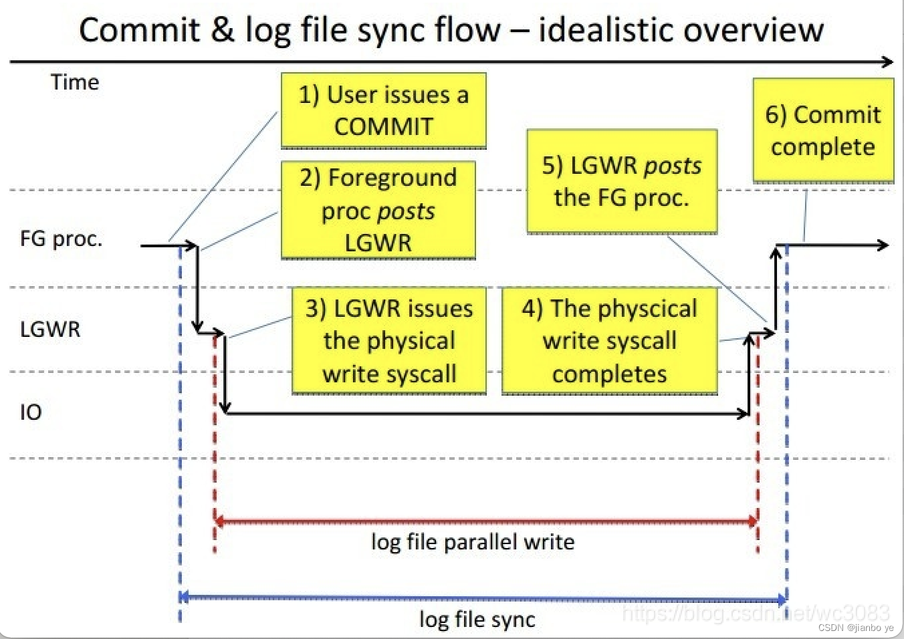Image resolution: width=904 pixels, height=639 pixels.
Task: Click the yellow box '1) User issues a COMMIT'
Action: point(383,110)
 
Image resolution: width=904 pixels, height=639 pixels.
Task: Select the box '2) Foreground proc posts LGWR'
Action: point(378,210)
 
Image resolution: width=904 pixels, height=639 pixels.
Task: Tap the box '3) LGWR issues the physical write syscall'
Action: point(389,341)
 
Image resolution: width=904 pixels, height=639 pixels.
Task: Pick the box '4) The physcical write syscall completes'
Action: point(609,341)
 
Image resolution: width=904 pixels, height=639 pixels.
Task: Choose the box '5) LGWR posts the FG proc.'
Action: point(622,181)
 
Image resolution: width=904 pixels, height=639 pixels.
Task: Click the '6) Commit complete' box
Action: point(823,130)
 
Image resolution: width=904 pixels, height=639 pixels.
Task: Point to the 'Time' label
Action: point(75,82)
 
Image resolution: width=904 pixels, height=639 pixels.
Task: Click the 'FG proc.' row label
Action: point(61,239)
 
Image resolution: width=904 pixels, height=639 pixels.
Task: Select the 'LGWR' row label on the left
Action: point(50,329)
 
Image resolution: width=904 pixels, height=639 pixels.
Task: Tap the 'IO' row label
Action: point(31,412)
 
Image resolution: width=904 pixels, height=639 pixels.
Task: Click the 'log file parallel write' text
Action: point(473,541)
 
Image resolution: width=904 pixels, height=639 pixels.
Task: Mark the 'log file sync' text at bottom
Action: point(477,619)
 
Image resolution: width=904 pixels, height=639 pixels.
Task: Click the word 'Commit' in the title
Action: point(140,30)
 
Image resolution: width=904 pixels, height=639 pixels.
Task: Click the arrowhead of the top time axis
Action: point(887,62)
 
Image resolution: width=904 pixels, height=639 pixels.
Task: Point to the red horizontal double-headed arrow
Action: point(486,521)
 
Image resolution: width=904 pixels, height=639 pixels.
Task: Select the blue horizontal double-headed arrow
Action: point(483,597)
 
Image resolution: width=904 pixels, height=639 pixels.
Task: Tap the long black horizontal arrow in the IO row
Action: point(486,414)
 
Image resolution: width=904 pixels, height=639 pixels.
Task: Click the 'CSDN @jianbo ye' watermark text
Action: point(855,628)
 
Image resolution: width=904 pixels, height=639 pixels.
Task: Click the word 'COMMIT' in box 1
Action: point(384,126)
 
